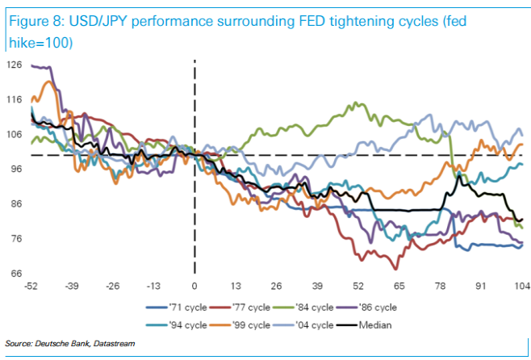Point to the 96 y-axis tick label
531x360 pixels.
point(16,168)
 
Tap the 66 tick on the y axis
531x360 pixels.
point(16,273)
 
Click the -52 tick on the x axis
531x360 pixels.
point(31,286)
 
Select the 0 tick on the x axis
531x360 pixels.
point(194,286)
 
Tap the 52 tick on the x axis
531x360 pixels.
point(357,286)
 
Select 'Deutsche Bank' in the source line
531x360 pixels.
point(59,344)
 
